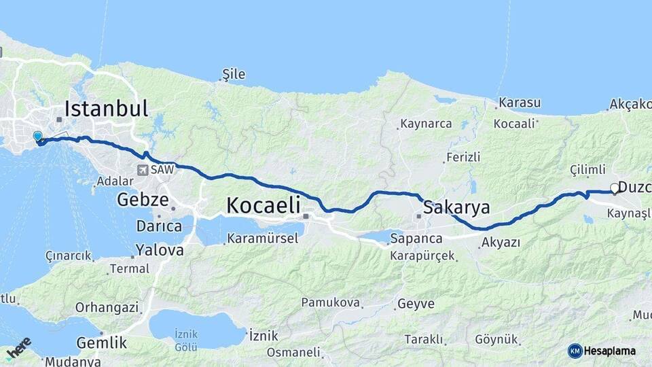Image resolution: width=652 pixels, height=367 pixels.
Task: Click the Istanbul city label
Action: click(106, 109)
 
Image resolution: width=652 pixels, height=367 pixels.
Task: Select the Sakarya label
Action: click(456, 207)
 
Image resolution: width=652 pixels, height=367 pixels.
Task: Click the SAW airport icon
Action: click(143, 170)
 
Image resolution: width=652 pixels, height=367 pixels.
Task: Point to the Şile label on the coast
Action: click(234, 75)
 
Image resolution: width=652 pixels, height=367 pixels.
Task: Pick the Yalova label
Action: click(160, 250)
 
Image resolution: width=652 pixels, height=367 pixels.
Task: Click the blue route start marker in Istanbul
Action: click(37, 137)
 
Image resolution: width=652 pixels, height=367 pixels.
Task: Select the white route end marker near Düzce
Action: click(615, 188)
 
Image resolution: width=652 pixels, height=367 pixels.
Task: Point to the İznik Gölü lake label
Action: click(186, 339)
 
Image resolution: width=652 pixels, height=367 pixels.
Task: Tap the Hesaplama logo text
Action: click(609, 351)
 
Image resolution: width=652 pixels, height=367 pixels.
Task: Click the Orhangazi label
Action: click(107, 307)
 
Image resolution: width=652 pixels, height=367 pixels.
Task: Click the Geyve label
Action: click(416, 304)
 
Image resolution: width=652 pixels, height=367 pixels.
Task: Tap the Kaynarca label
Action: click(426, 124)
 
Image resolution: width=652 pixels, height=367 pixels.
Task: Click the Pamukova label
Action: click(331, 302)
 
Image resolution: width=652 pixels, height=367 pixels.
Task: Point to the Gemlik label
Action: click(103, 342)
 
